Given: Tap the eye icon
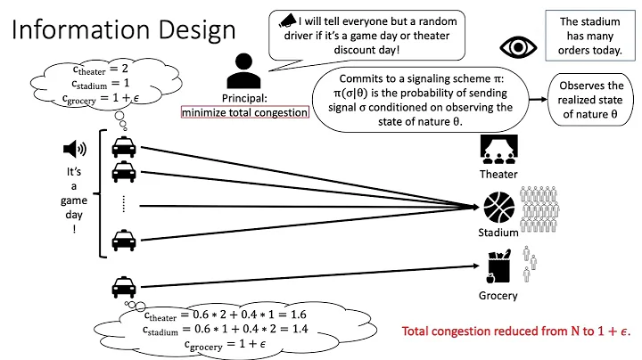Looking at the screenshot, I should [516, 46].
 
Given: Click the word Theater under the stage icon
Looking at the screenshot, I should [498, 175].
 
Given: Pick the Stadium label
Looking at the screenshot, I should [498, 233].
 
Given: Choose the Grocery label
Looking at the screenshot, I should [498, 296].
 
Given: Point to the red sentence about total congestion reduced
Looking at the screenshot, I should [516, 331].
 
